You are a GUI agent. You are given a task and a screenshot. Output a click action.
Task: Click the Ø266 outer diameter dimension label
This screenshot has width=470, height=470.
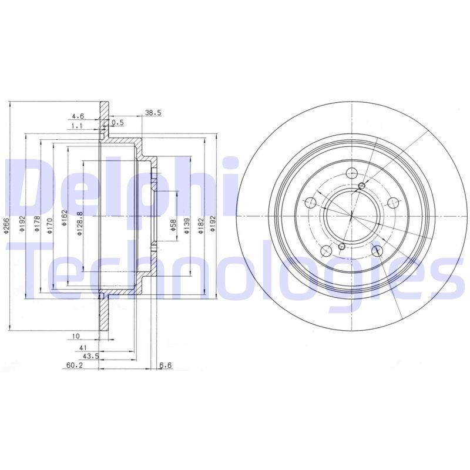(6, 224)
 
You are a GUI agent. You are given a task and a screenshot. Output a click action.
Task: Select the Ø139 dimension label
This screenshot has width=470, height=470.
(186, 224)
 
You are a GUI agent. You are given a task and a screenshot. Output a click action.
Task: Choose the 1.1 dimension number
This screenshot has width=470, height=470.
(77, 126)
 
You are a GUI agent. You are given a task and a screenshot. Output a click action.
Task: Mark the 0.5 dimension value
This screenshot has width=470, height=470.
(118, 122)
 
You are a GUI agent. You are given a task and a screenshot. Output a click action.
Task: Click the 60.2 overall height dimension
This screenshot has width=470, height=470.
(73, 365)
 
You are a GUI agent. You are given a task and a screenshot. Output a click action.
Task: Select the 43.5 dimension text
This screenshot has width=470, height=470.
(90, 357)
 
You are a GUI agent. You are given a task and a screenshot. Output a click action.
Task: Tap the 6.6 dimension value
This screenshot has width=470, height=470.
(165, 365)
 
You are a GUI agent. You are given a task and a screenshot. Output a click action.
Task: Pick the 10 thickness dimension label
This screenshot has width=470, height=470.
(76, 336)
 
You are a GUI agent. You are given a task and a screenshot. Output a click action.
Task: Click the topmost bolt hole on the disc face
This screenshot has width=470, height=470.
(352, 173)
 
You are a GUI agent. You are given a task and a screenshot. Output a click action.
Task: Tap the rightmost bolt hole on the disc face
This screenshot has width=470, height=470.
(392, 203)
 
